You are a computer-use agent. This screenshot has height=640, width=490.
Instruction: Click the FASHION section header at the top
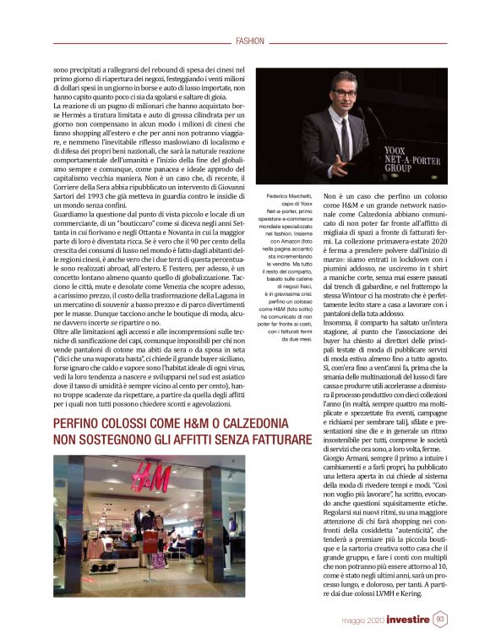pos(250,41)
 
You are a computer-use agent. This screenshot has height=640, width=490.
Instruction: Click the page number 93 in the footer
pos(441,620)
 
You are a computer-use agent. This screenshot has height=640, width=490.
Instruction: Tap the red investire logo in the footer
pos(410,620)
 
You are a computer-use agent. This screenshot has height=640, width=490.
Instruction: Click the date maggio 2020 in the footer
pos(364,621)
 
